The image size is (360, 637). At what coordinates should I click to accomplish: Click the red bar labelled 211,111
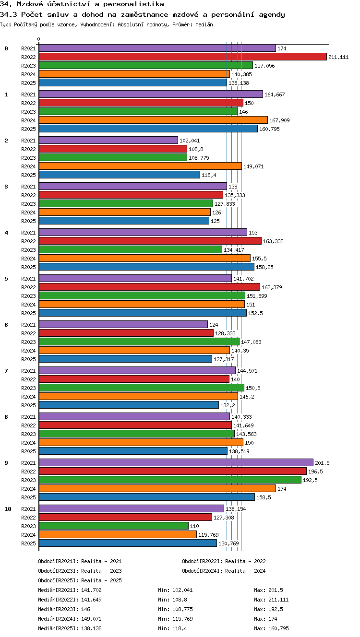(183, 57)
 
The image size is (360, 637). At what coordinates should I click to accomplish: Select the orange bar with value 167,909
(153, 120)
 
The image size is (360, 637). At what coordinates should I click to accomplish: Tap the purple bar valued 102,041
(108, 140)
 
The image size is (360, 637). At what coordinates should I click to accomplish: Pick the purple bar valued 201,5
(176, 462)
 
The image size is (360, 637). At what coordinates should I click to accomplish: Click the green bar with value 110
(114, 526)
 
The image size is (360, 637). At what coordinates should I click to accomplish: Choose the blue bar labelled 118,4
(120, 175)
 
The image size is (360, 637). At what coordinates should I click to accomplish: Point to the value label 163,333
(273, 241)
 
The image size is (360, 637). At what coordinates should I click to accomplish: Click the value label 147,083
(251, 342)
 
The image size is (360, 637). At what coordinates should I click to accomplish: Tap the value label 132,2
(228, 405)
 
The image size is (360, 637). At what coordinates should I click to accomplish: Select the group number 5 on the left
(6, 279)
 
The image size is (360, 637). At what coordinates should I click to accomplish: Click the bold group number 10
(8, 509)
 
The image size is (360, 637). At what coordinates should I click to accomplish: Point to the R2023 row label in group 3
(28, 204)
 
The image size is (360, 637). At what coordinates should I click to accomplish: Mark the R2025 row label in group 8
(28, 451)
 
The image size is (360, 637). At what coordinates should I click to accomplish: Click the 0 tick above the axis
(39, 39)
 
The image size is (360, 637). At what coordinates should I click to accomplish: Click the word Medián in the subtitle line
(204, 24)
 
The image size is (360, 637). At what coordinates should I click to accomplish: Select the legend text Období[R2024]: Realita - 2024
(224, 571)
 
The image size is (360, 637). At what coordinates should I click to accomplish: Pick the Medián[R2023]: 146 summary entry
(64, 609)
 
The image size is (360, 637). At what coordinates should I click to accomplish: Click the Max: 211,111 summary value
(271, 600)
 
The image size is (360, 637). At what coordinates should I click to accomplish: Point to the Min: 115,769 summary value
(175, 619)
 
